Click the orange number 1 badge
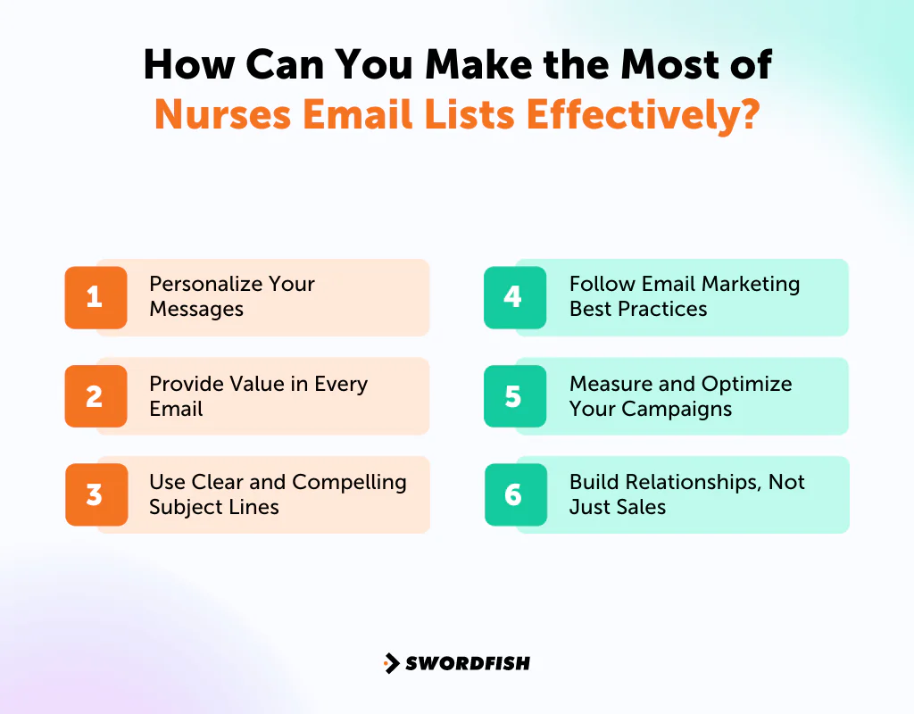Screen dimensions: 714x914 click(96, 297)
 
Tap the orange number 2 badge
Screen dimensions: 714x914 click(96, 396)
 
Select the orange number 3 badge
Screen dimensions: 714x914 click(96, 494)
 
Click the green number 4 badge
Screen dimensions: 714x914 click(514, 297)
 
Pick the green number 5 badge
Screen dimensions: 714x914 click(514, 396)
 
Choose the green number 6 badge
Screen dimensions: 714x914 click(514, 494)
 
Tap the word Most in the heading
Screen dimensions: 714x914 click(638, 65)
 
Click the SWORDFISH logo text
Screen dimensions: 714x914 click(468, 663)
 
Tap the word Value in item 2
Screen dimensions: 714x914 click(250, 384)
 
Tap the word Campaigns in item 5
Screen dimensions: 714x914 click(677, 409)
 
